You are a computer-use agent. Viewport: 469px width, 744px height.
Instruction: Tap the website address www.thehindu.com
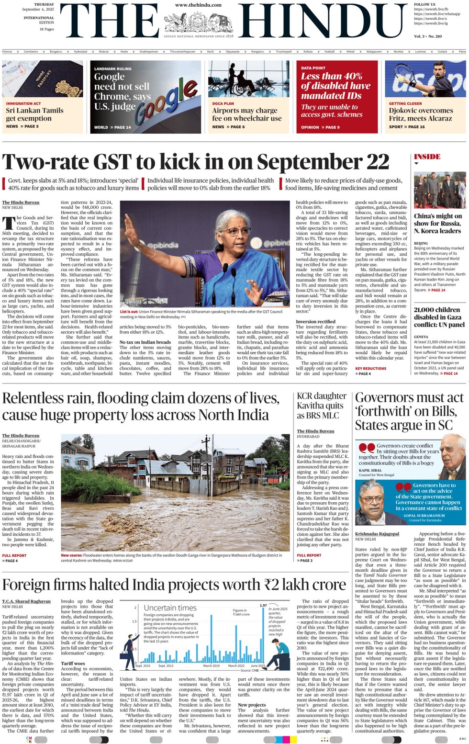point(198,5)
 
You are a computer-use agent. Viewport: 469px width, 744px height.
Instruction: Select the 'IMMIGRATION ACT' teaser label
point(23,103)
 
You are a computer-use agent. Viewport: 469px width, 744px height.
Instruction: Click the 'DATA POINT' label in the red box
point(313,68)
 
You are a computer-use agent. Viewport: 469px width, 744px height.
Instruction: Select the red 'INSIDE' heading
point(427,157)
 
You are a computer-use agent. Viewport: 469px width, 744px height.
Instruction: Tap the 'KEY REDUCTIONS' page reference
point(370,368)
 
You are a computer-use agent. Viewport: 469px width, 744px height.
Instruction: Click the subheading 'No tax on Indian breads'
point(145,342)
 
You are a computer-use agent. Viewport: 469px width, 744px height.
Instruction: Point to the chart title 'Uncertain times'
point(170,608)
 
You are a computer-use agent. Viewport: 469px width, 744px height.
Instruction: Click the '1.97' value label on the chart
point(263,605)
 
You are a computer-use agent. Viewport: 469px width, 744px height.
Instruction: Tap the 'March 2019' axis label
point(211,665)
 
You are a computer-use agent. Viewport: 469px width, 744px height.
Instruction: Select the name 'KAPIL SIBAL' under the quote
point(371,470)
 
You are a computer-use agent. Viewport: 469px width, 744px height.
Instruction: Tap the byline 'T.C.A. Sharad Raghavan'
point(26,601)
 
